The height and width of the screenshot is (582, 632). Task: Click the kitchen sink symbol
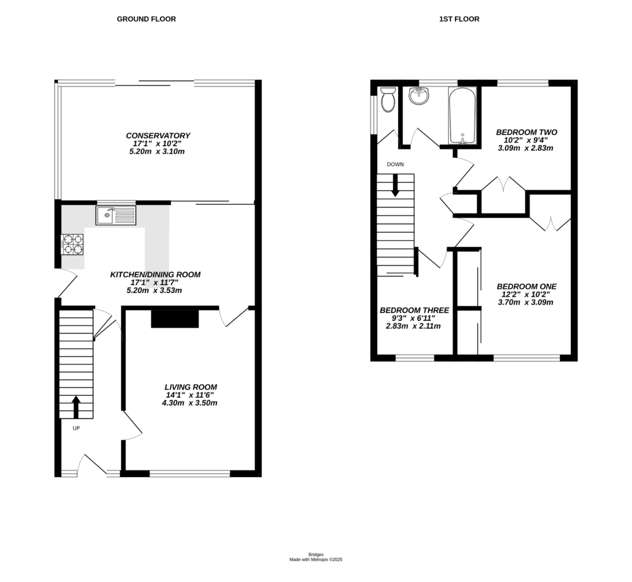click(x=115, y=215)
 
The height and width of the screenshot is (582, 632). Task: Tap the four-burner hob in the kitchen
click(x=72, y=244)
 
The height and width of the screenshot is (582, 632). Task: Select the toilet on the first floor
click(x=388, y=100)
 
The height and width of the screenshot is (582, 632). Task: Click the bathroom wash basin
click(x=420, y=96)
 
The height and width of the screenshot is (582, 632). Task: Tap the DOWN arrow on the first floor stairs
click(x=395, y=186)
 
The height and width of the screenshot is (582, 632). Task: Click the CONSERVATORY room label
click(x=158, y=136)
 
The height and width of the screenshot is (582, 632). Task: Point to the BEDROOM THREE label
click(x=414, y=310)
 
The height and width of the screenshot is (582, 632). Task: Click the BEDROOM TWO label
click(x=526, y=132)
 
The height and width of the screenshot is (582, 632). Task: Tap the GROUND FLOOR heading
click(x=146, y=19)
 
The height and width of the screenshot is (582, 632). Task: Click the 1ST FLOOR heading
click(x=459, y=19)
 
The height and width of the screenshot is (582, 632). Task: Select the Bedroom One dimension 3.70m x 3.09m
click(x=526, y=302)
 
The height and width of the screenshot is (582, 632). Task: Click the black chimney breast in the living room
click(x=175, y=318)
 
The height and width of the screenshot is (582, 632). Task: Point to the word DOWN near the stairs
click(x=395, y=165)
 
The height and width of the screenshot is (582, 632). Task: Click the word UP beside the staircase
click(x=75, y=428)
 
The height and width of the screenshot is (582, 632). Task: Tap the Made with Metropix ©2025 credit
click(x=316, y=560)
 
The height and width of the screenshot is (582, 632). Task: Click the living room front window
click(x=189, y=474)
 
